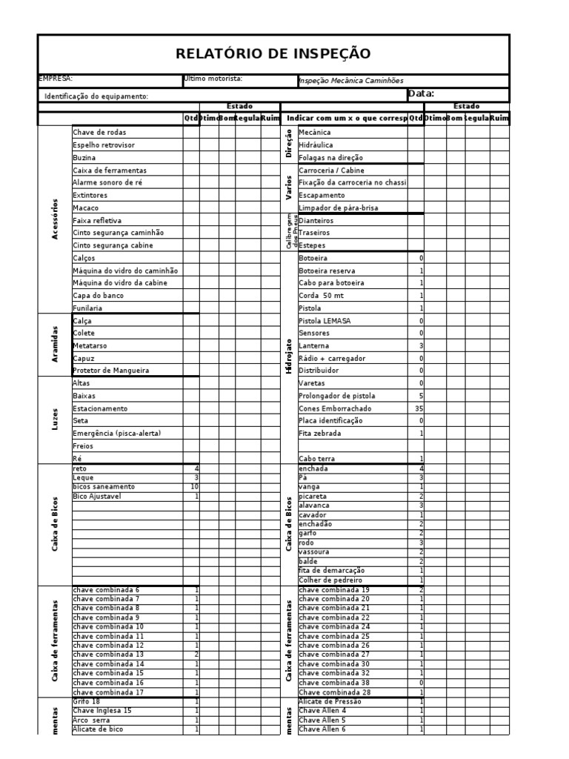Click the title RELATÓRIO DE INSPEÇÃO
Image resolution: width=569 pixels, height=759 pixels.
273,54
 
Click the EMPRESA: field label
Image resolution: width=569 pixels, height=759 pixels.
56,78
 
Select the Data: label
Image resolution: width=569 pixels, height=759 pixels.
421,94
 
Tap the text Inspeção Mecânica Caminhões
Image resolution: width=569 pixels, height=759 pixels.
350,82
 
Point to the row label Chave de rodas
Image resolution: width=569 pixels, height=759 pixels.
99,132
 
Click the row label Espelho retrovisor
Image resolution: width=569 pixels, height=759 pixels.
104,145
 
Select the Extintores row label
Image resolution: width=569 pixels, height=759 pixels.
90,195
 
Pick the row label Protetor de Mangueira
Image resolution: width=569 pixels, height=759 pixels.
110,370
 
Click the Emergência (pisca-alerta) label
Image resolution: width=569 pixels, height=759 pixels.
116,432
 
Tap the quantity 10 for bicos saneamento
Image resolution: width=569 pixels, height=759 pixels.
194,487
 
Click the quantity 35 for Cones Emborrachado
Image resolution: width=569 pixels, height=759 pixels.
419,408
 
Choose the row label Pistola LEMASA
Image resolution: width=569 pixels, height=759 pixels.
325,321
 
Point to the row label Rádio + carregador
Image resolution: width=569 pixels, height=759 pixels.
332,358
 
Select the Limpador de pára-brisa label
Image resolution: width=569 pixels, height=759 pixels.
338,208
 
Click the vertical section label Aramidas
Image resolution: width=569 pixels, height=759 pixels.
56,345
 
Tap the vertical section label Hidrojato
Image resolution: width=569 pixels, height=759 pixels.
289,357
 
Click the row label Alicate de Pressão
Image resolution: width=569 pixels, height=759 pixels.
330,701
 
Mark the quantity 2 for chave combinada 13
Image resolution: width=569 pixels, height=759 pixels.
196,654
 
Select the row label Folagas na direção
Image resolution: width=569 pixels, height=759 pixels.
336,158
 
